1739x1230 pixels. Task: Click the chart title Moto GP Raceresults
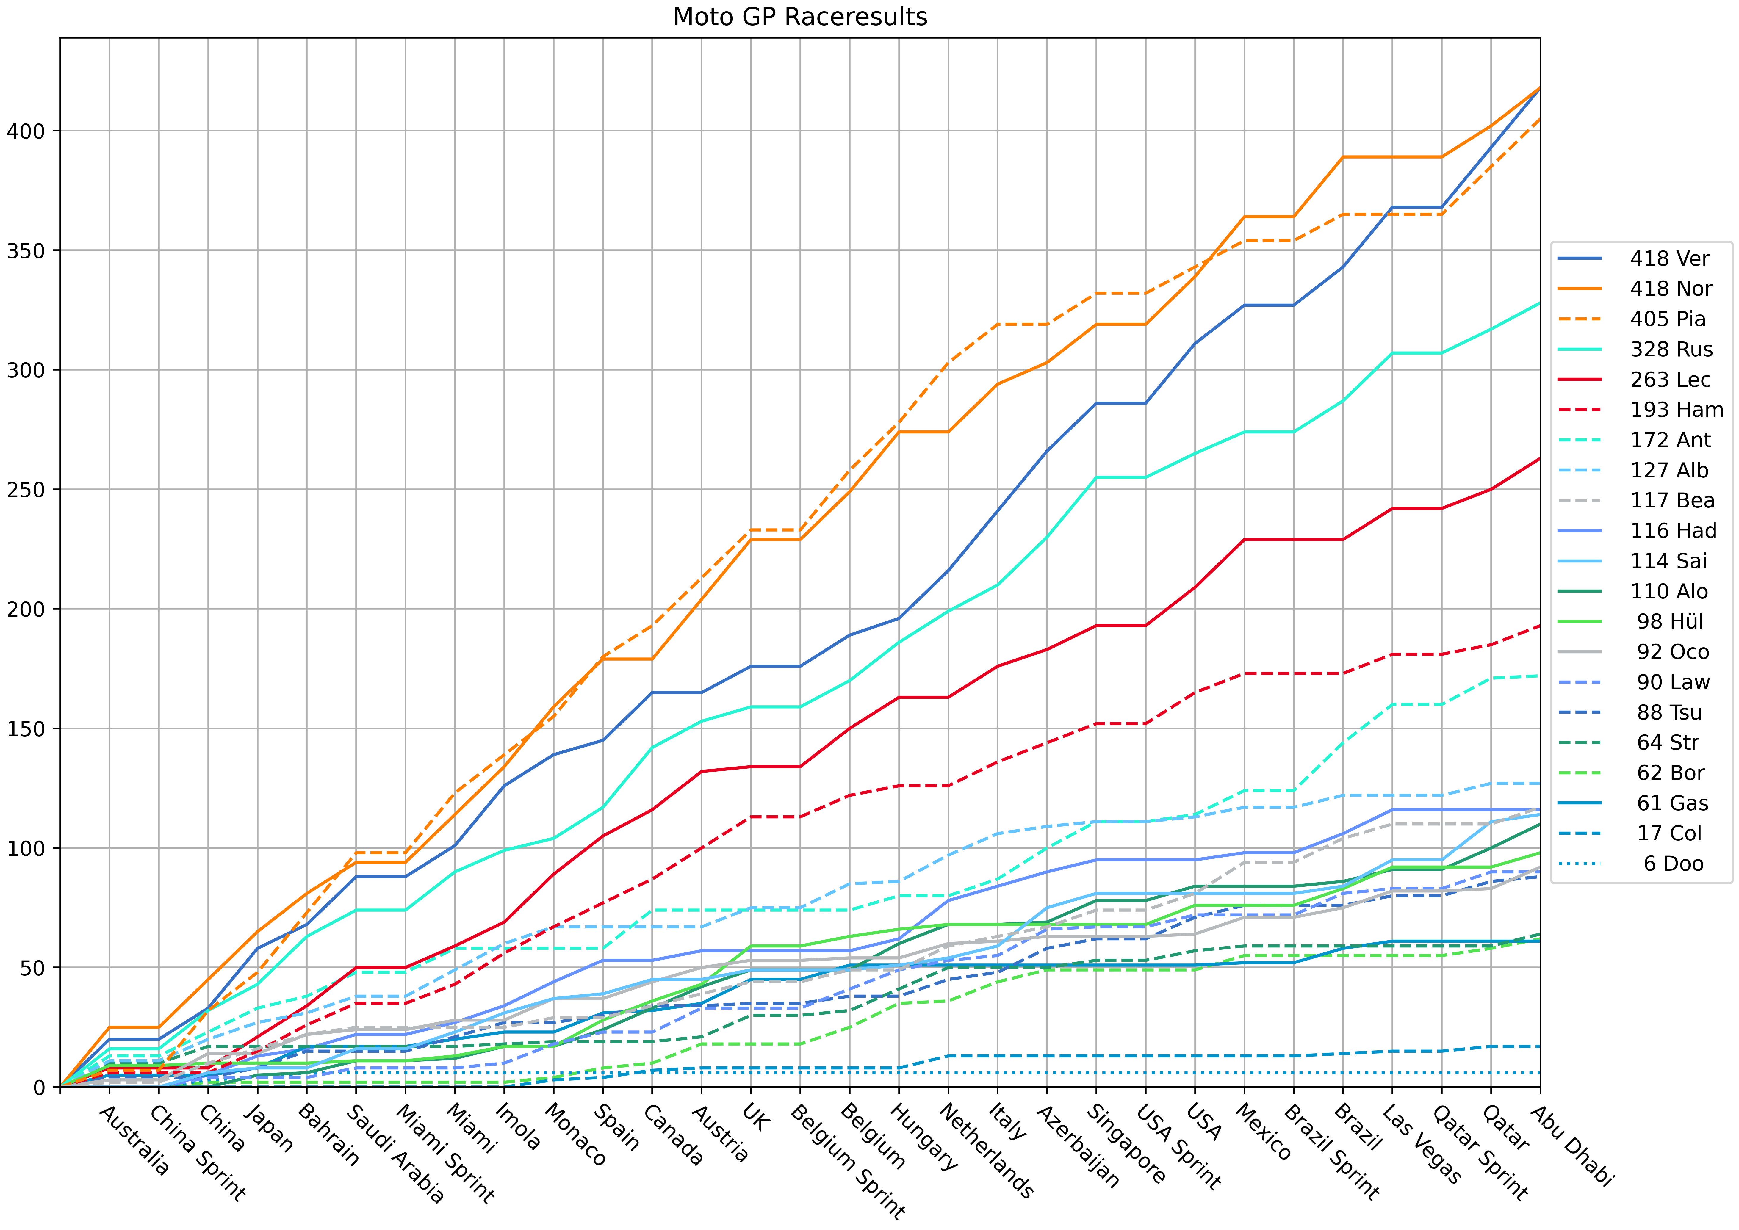click(x=800, y=17)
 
